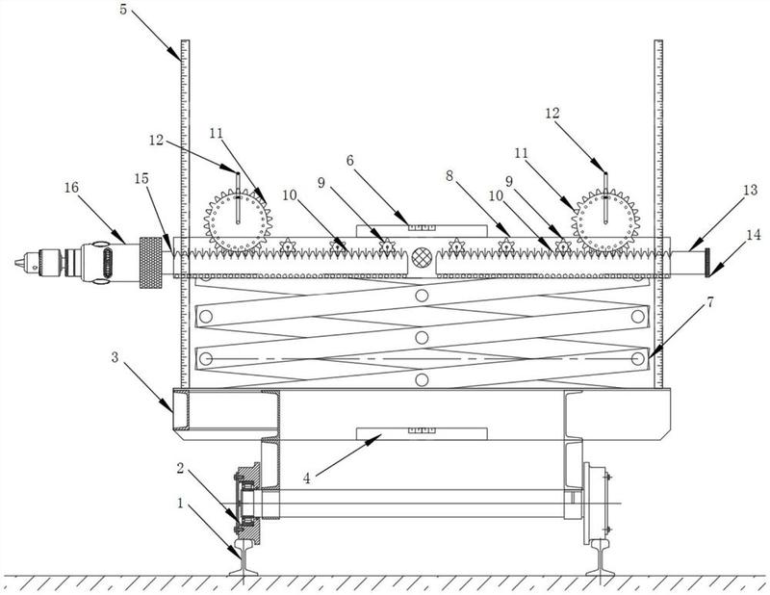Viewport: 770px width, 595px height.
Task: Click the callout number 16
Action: tap(71, 188)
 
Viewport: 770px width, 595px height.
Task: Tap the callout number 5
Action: tap(123, 10)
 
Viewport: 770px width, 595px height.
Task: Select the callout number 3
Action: tap(115, 357)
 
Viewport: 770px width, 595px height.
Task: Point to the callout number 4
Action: tap(306, 479)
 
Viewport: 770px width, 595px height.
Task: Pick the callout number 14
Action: tap(753, 235)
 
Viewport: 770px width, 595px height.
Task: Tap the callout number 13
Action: tap(750, 190)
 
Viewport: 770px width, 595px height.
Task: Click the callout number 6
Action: tap(349, 161)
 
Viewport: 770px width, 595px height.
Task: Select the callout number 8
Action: tap(449, 176)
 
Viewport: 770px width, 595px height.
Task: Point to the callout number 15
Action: tap(141, 178)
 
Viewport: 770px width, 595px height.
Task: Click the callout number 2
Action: tap(180, 468)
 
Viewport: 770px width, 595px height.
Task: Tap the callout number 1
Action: tap(180, 504)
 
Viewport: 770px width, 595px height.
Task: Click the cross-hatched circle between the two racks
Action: tap(422, 257)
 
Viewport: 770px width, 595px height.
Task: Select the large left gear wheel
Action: tap(238, 221)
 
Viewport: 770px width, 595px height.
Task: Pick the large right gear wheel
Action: tap(605, 221)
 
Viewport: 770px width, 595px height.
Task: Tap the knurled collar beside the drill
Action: tap(151, 263)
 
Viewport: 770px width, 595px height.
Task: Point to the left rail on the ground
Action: tap(244, 557)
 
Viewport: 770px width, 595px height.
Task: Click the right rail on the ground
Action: tap(600, 557)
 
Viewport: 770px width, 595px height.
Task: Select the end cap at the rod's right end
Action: tap(708, 263)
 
